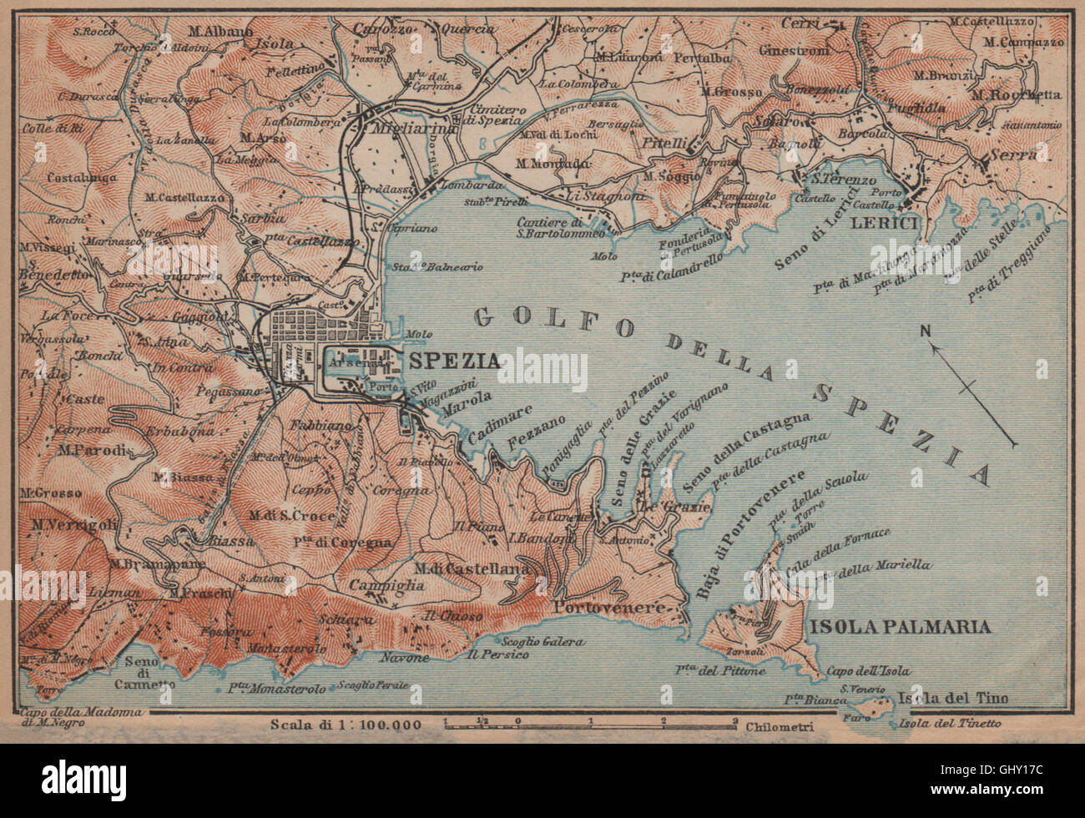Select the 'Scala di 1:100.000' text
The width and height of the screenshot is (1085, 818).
[346, 724]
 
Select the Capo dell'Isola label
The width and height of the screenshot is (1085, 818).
[870, 671]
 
